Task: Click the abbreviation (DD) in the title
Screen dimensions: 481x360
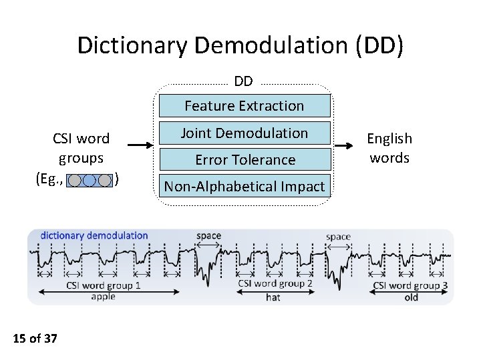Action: point(379,45)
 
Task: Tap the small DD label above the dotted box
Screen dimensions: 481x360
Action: point(244,81)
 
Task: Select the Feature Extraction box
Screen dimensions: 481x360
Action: point(244,105)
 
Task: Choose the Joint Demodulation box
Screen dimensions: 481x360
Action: point(244,133)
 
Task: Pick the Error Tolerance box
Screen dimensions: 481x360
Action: point(244,159)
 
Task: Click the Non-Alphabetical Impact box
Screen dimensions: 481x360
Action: point(244,187)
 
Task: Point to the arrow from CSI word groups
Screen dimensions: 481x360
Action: point(141,145)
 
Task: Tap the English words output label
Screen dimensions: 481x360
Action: point(389,148)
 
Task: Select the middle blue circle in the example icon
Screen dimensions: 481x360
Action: point(90,180)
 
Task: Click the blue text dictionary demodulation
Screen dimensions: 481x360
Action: point(94,235)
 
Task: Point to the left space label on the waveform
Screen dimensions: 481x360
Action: point(208,236)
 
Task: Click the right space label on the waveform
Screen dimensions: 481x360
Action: point(338,237)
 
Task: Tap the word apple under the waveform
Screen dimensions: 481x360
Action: point(103,297)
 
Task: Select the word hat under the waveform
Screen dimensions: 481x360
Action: point(273,297)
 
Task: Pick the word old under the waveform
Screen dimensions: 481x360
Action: point(411,297)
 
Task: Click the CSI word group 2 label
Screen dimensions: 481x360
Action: point(275,284)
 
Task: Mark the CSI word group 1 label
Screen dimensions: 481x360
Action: point(104,285)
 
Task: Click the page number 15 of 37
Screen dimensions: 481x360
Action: point(35,339)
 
